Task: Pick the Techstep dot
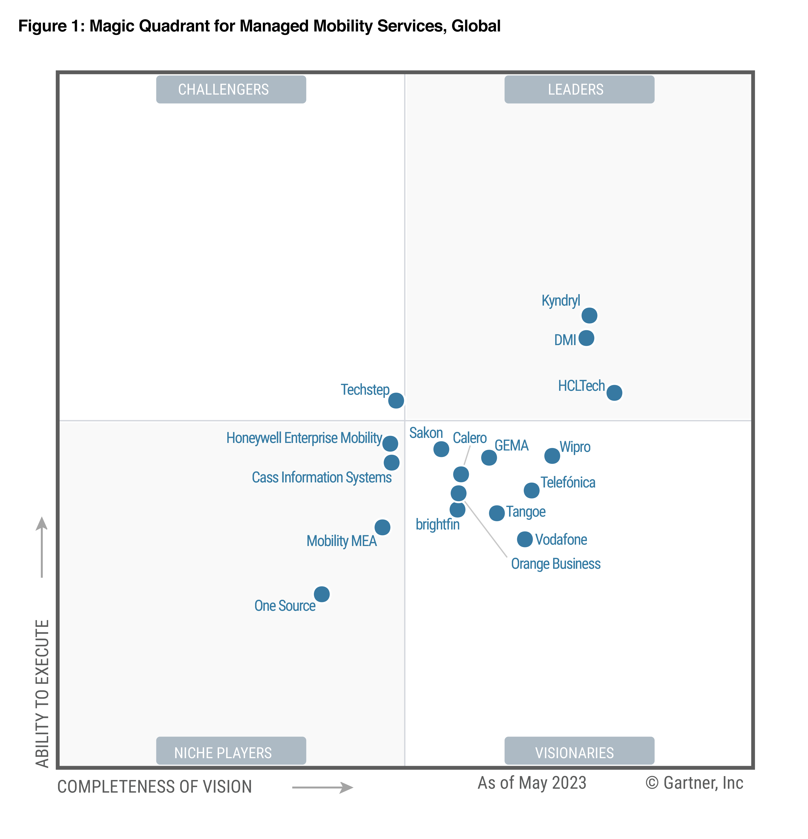(396, 400)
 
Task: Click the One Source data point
(321, 594)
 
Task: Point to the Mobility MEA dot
(382, 527)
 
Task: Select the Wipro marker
(552, 456)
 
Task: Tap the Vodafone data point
(525, 539)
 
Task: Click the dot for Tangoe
(496, 512)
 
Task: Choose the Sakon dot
(441, 449)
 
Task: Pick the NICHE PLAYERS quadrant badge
(231, 752)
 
